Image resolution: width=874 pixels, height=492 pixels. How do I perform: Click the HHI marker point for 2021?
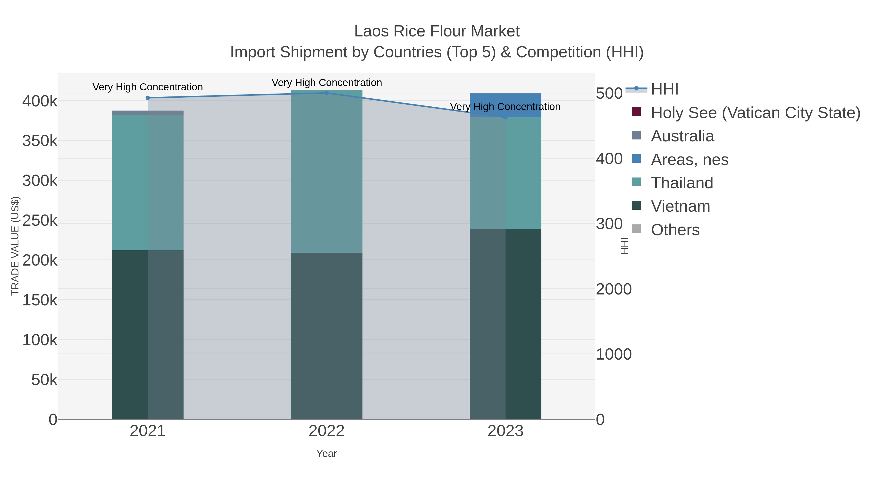(x=148, y=98)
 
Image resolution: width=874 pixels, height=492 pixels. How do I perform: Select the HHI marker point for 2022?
(x=326, y=93)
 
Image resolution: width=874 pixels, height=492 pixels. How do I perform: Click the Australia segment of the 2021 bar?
(x=148, y=112)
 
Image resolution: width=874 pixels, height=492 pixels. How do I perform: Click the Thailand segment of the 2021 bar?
(x=148, y=182)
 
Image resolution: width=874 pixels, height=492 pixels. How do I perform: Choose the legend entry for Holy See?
(x=755, y=113)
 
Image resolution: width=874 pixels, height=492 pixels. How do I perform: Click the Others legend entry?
(x=675, y=230)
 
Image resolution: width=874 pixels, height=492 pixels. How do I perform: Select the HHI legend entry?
(x=664, y=89)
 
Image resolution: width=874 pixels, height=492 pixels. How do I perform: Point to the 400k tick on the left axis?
(x=40, y=101)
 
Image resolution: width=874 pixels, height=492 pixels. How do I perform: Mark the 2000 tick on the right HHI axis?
(x=614, y=289)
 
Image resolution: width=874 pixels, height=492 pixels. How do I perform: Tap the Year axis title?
(x=326, y=454)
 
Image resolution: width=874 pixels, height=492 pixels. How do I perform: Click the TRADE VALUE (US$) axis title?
(x=15, y=246)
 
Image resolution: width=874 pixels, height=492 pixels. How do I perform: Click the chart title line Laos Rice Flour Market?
(x=437, y=31)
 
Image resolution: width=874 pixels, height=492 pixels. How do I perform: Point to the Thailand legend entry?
(x=682, y=183)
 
